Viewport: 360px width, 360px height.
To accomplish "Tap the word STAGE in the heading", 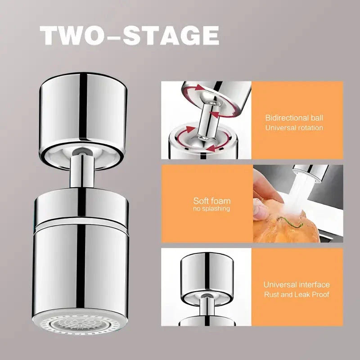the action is pyautogui.click(x=171, y=36).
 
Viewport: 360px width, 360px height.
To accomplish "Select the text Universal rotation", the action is pyautogui.click(x=294, y=128).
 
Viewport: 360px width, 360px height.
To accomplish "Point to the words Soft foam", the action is pyautogui.click(x=211, y=201).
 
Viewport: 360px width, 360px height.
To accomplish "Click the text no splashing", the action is pyautogui.click(x=211, y=209).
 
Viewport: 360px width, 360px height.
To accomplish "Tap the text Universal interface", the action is pyautogui.click(x=297, y=285).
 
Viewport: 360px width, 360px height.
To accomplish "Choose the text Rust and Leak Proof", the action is pyautogui.click(x=297, y=294).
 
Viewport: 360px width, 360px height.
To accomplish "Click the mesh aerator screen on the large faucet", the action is pyautogui.click(x=80, y=324).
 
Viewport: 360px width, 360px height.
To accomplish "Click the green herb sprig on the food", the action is pyautogui.click(x=290, y=222).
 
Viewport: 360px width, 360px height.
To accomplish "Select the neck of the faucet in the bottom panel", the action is pyautogui.click(x=207, y=306).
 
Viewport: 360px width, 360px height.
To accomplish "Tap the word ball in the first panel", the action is pyautogui.click(x=317, y=118).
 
